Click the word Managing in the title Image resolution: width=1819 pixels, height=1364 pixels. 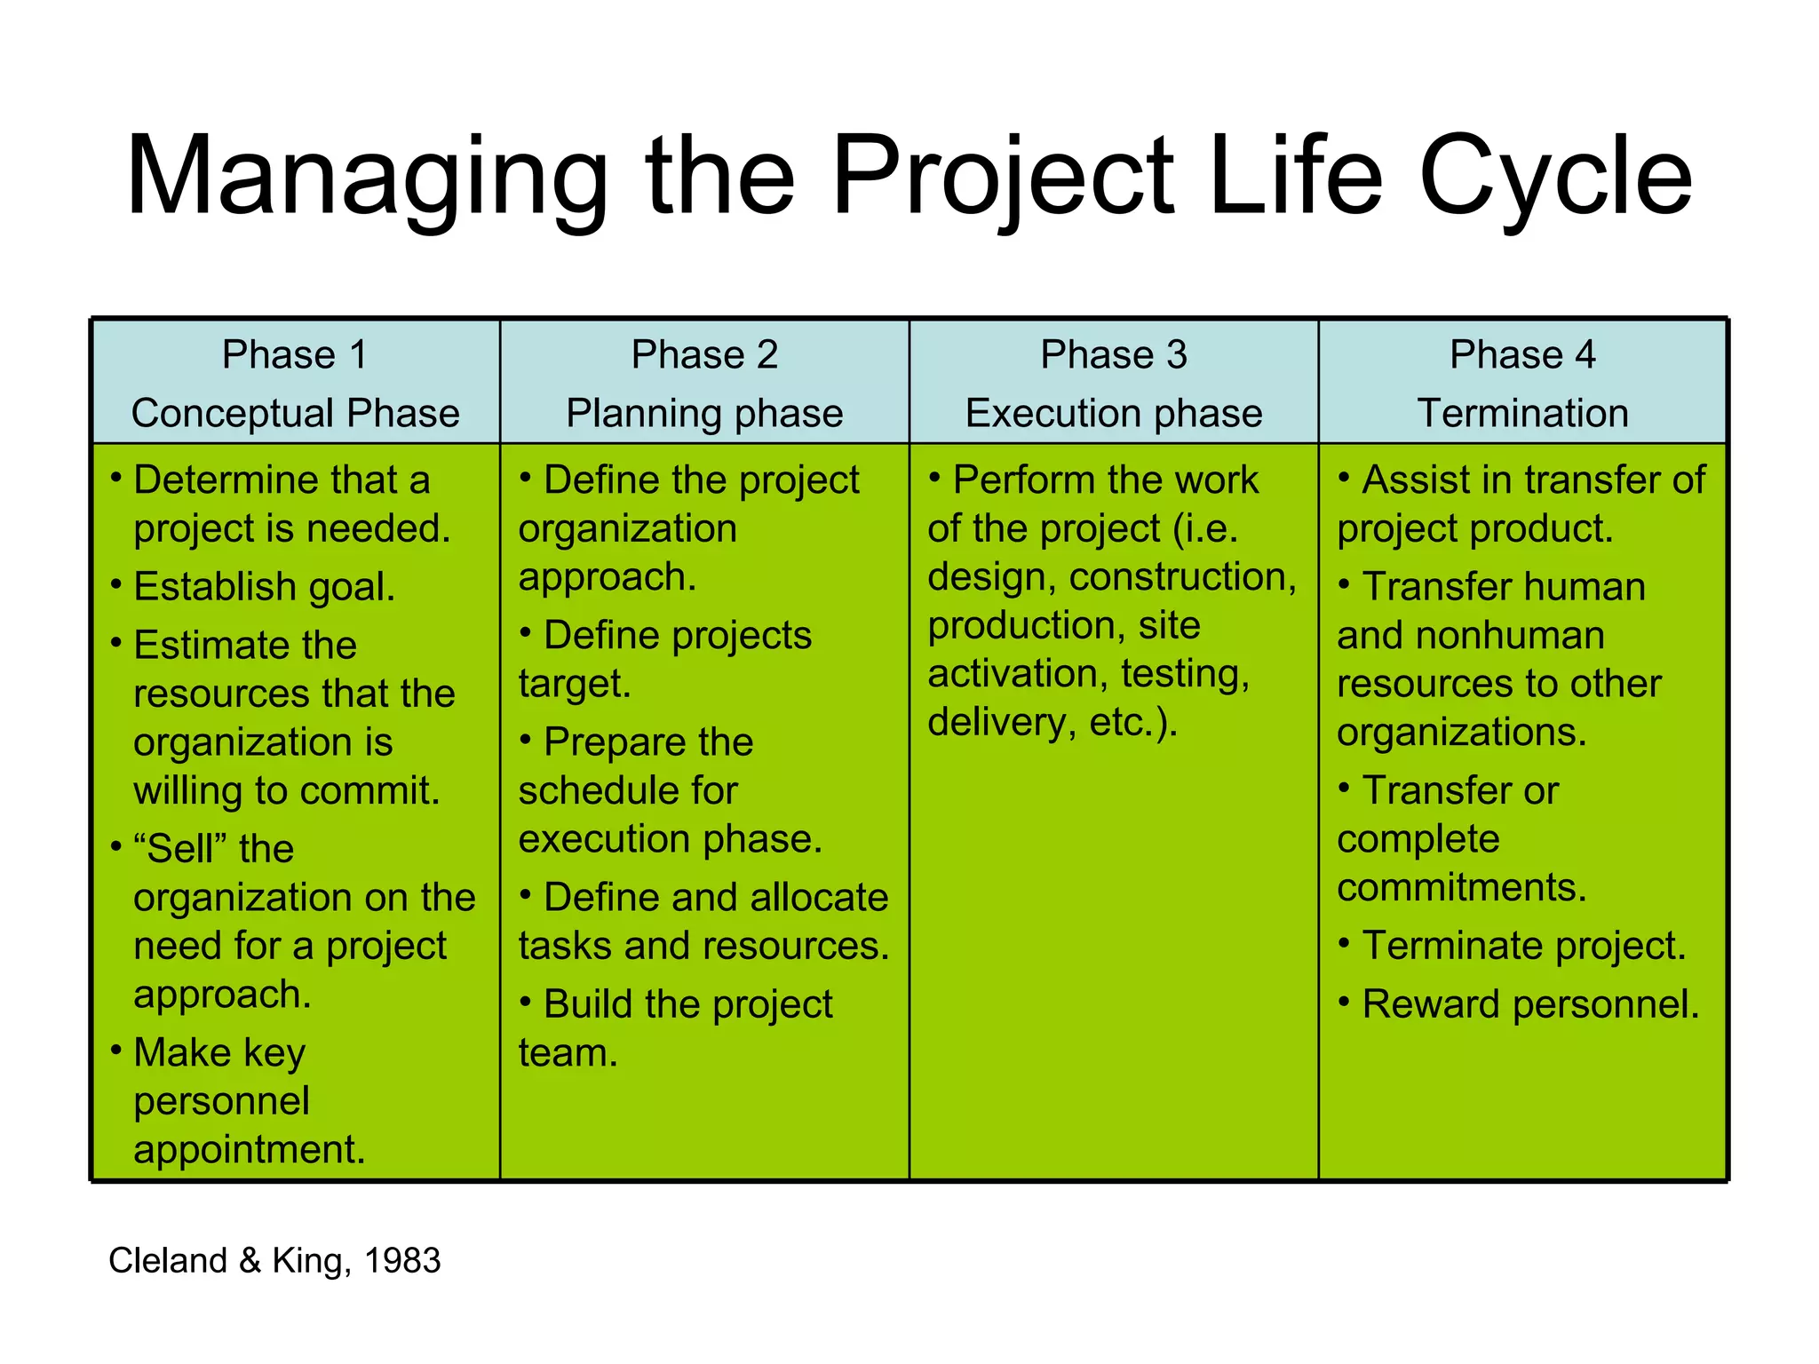point(366,178)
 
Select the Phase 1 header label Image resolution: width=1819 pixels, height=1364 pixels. point(294,355)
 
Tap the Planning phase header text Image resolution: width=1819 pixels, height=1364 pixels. point(704,414)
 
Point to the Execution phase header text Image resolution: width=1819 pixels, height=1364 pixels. point(1113,414)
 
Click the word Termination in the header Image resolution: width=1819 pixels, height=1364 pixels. point(1522,414)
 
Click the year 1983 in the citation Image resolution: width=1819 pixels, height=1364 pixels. point(402,1261)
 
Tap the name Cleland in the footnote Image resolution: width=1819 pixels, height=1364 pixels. point(168,1261)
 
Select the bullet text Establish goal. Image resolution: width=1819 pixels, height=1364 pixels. point(264,587)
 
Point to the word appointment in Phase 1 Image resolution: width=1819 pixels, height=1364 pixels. point(249,1150)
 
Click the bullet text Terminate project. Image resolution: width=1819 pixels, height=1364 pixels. point(1523,946)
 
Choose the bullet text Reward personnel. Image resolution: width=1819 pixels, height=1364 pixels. point(1529,1004)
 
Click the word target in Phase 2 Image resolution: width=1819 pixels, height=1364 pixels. point(573,684)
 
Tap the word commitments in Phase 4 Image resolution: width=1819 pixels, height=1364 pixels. point(1460,888)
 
